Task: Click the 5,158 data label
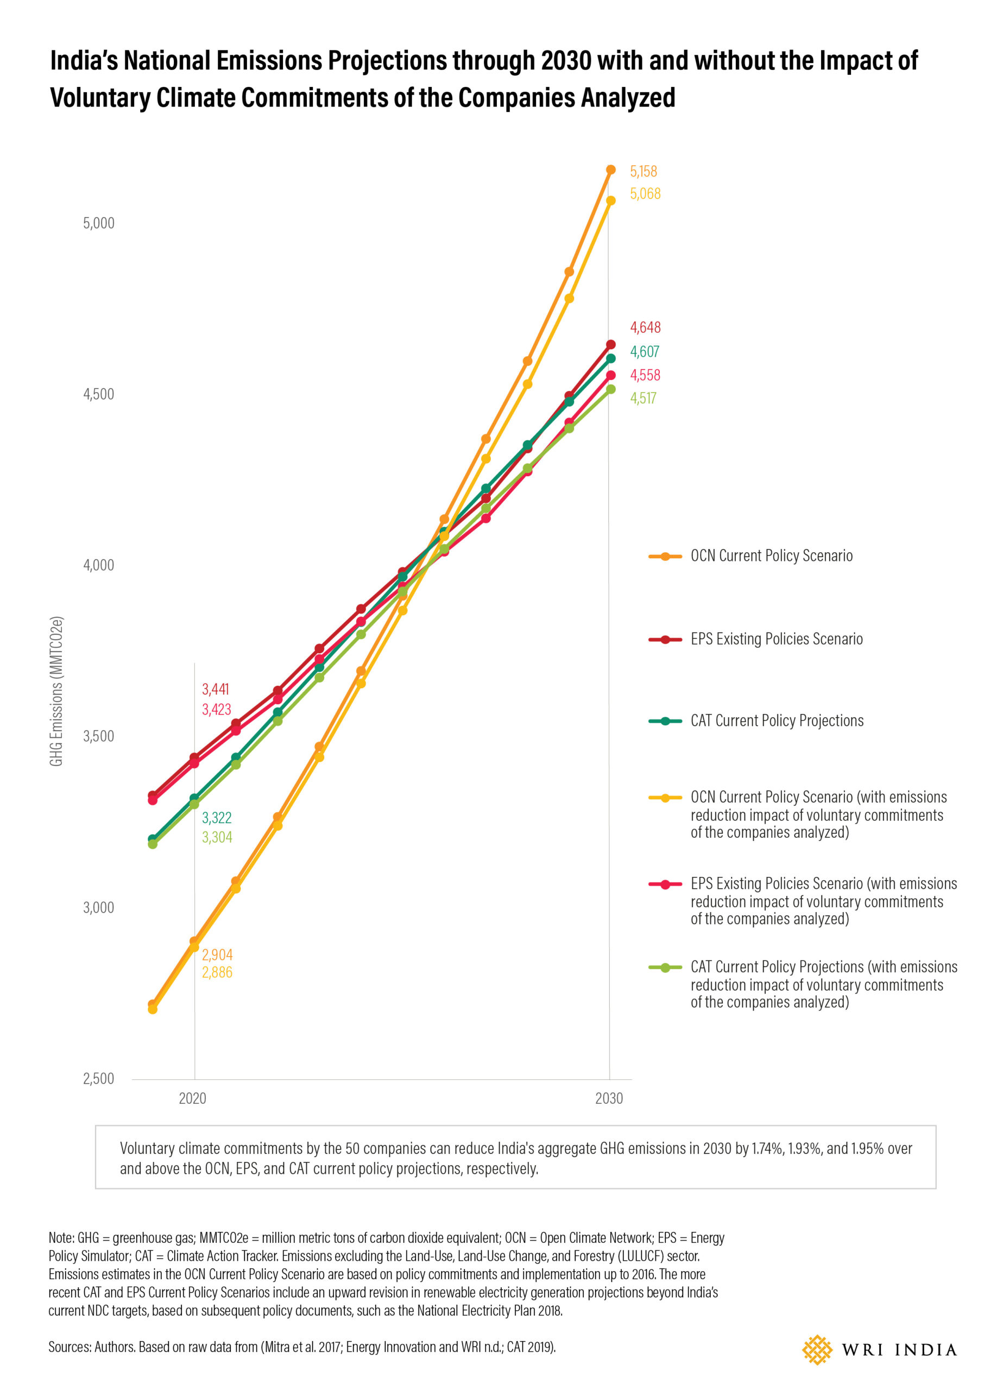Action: [643, 171]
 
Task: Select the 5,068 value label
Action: [645, 194]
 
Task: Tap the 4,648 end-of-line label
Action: [645, 327]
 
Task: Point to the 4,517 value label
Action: [643, 398]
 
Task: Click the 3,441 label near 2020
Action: [215, 689]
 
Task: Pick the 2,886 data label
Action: [217, 972]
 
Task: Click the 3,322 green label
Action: [217, 818]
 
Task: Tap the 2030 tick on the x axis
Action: [609, 1098]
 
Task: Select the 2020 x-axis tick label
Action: [192, 1098]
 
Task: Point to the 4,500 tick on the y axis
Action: [99, 394]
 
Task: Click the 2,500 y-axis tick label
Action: [99, 1079]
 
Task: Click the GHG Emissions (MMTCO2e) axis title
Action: [56, 691]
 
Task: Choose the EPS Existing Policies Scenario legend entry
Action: [755, 639]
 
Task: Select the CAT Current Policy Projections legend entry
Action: [756, 721]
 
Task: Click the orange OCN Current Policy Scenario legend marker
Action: [665, 557]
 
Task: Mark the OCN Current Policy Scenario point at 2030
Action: [610, 170]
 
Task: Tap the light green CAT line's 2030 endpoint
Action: [610, 389]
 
